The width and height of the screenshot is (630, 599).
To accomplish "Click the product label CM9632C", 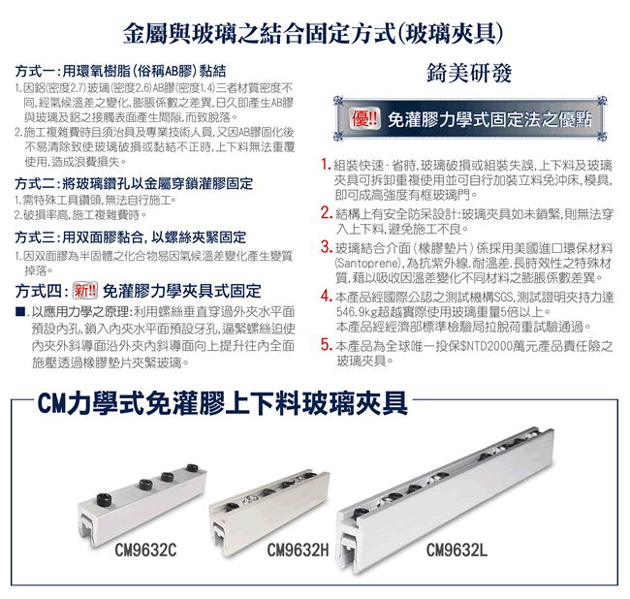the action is pyautogui.click(x=145, y=550).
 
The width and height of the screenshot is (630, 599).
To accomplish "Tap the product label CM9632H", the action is pyautogui.click(x=298, y=550).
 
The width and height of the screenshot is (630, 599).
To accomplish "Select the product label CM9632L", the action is pyautogui.click(x=457, y=550).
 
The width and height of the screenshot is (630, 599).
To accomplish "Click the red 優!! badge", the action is pyautogui.click(x=364, y=119).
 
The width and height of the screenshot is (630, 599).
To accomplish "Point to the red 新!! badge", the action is pyautogui.click(x=84, y=291).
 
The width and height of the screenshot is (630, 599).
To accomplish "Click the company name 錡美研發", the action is pyautogui.click(x=469, y=74).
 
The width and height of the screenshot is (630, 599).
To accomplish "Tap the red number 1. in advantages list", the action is pyautogui.click(x=326, y=165).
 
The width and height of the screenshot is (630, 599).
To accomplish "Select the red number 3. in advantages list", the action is pyautogui.click(x=326, y=247).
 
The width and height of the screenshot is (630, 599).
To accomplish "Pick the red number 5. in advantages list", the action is pyautogui.click(x=326, y=345).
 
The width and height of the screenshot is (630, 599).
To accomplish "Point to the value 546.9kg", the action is pyautogui.click(x=356, y=312).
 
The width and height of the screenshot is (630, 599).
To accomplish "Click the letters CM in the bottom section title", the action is pyautogui.click(x=51, y=404).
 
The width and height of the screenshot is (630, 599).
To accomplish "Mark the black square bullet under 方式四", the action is pyautogui.click(x=19, y=312).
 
